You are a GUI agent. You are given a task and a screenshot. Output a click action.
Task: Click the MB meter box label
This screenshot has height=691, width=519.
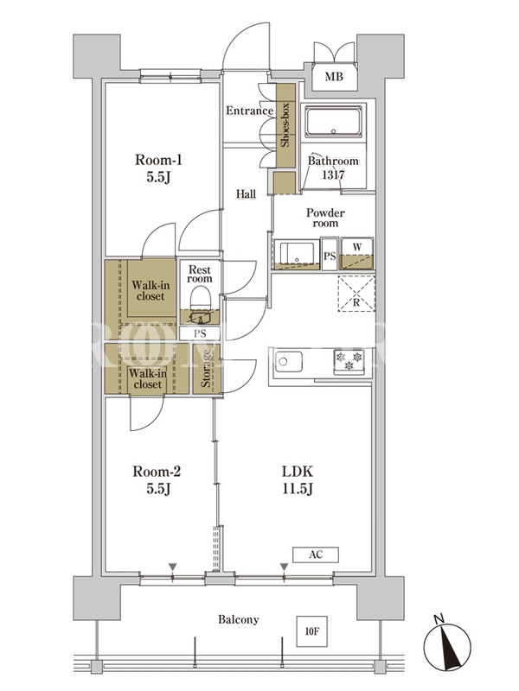click(334, 77)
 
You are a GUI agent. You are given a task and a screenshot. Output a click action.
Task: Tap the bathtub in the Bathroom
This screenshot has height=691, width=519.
click(333, 121)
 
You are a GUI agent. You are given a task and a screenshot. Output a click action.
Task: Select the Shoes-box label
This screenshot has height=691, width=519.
click(285, 124)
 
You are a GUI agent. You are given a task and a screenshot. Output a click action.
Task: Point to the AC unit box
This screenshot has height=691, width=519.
click(316, 555)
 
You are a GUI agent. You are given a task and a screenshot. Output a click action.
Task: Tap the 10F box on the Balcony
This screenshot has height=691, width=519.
click(311, 631)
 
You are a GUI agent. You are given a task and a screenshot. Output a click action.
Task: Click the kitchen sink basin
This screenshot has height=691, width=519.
click(289, 362)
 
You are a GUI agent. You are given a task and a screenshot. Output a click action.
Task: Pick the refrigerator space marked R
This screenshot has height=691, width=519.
click(356, 294)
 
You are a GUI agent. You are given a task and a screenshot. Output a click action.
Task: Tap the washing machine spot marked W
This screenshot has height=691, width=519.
click(357, 254)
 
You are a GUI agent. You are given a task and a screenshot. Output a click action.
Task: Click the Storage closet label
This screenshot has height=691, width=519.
click(206, 369)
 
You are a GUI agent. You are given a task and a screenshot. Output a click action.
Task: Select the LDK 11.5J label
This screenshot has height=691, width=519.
click(298, 480)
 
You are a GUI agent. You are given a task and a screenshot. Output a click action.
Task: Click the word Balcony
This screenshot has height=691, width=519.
click(239, 619)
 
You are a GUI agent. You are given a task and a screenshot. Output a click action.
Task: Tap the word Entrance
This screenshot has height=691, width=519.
click(250, 111)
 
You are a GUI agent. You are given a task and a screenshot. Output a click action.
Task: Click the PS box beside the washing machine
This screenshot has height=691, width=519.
click(330, 254)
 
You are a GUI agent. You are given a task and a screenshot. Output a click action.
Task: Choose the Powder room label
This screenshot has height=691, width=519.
click(326, 218)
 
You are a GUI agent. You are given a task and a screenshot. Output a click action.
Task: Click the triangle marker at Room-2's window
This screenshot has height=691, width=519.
click(172, 567)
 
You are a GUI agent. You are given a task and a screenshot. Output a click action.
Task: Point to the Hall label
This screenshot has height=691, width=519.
click(246, 193)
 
